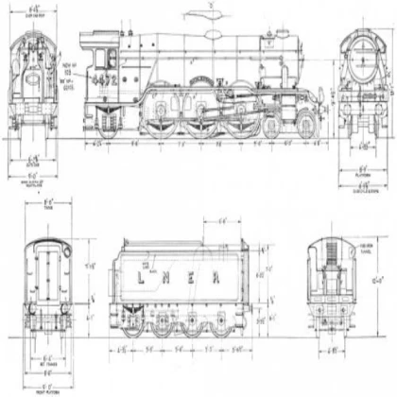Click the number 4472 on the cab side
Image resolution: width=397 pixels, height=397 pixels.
[x=104, y=81]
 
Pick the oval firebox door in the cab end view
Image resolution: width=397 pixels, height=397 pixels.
[x=34, y=82]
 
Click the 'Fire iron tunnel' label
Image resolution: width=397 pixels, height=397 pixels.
[x=359, y=247]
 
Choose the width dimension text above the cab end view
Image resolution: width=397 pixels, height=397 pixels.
[x=32, y=10]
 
